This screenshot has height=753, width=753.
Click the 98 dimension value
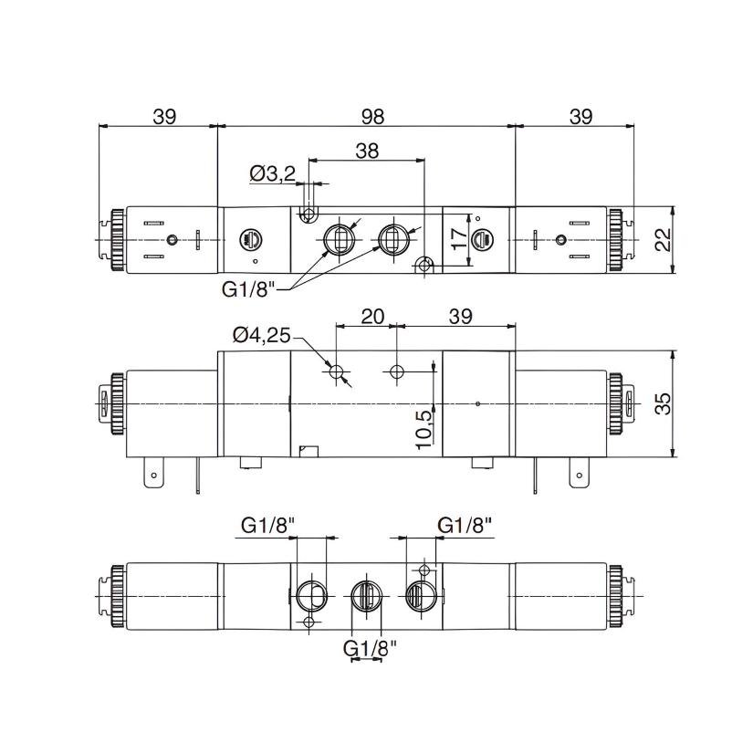tap(372, 117)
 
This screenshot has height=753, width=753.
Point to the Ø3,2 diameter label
tap(272, 174)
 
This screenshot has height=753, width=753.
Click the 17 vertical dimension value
tap(460, 239)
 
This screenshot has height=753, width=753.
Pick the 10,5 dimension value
tap(423, 425)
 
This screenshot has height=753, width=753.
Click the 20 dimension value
tap(371, 316)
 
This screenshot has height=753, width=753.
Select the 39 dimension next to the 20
tap(460, 316)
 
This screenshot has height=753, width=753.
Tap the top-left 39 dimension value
tap(163, 117)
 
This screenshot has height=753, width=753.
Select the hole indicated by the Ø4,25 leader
tap(338, 371)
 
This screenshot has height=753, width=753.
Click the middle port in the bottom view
tap(366, 598)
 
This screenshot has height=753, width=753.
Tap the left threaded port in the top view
tap(339, 239)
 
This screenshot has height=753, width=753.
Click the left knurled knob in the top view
tap(117, 239)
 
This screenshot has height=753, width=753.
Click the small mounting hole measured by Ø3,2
tap(309, 215)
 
